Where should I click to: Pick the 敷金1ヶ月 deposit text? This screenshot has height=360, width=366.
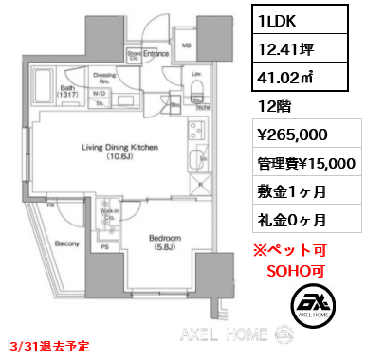tap(291, 191)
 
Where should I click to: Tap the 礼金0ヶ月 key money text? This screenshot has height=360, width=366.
tap(291, 220)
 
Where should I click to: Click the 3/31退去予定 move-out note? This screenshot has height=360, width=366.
tap(48, 346)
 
